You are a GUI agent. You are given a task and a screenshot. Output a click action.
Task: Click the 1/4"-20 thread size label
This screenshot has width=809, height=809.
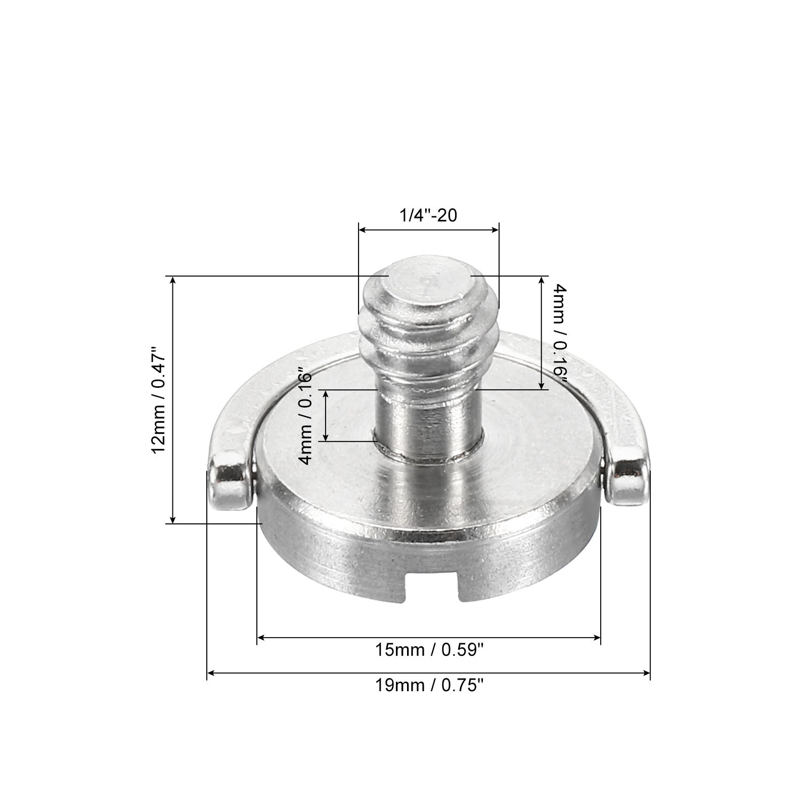tap(428, 215)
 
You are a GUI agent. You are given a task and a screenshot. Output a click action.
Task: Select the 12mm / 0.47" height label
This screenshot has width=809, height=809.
tap(158, 399)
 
